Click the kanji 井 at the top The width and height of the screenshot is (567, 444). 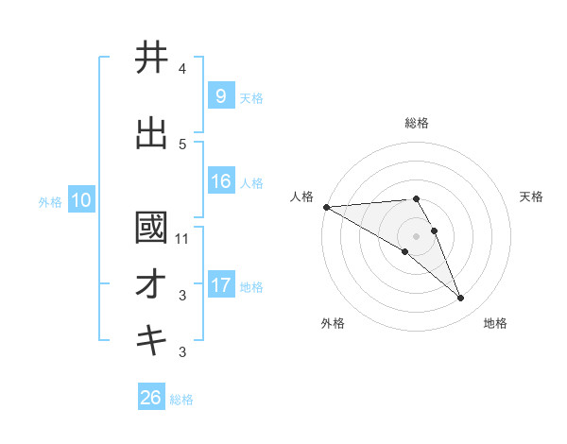(x=151, y=59)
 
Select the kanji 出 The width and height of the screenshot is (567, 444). (x=151, y=134)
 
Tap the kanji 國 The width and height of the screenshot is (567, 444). (x=151, y=228)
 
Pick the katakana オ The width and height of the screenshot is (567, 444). (x=151, y=285)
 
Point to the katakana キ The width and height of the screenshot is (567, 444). (x=151, y=341)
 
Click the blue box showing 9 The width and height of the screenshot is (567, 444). (x=220, y=96)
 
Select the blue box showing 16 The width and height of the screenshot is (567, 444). (x=220, y=181)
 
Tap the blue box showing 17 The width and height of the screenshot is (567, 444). (x=220, y=285)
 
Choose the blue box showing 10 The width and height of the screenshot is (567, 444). (x=80, y=200)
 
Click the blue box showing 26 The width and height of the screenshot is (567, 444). (x=151, y=398)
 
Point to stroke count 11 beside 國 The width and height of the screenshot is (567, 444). (x=182, y=239)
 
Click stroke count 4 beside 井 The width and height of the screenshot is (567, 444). (x=182, y=69)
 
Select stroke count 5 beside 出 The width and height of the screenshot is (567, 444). (x=182, y=145)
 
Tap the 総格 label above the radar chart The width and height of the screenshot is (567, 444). (x=417, y=123)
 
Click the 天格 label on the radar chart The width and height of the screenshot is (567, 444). (x=532, y=196)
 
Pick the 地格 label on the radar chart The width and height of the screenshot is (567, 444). (x=495, y=324)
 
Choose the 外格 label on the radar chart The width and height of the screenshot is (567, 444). (x=333, y=324)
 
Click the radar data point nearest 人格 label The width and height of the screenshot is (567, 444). (x=326, y=207)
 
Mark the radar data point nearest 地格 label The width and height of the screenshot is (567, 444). (x=461, y=299)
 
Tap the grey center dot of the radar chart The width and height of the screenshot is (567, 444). (x=416, y=235)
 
